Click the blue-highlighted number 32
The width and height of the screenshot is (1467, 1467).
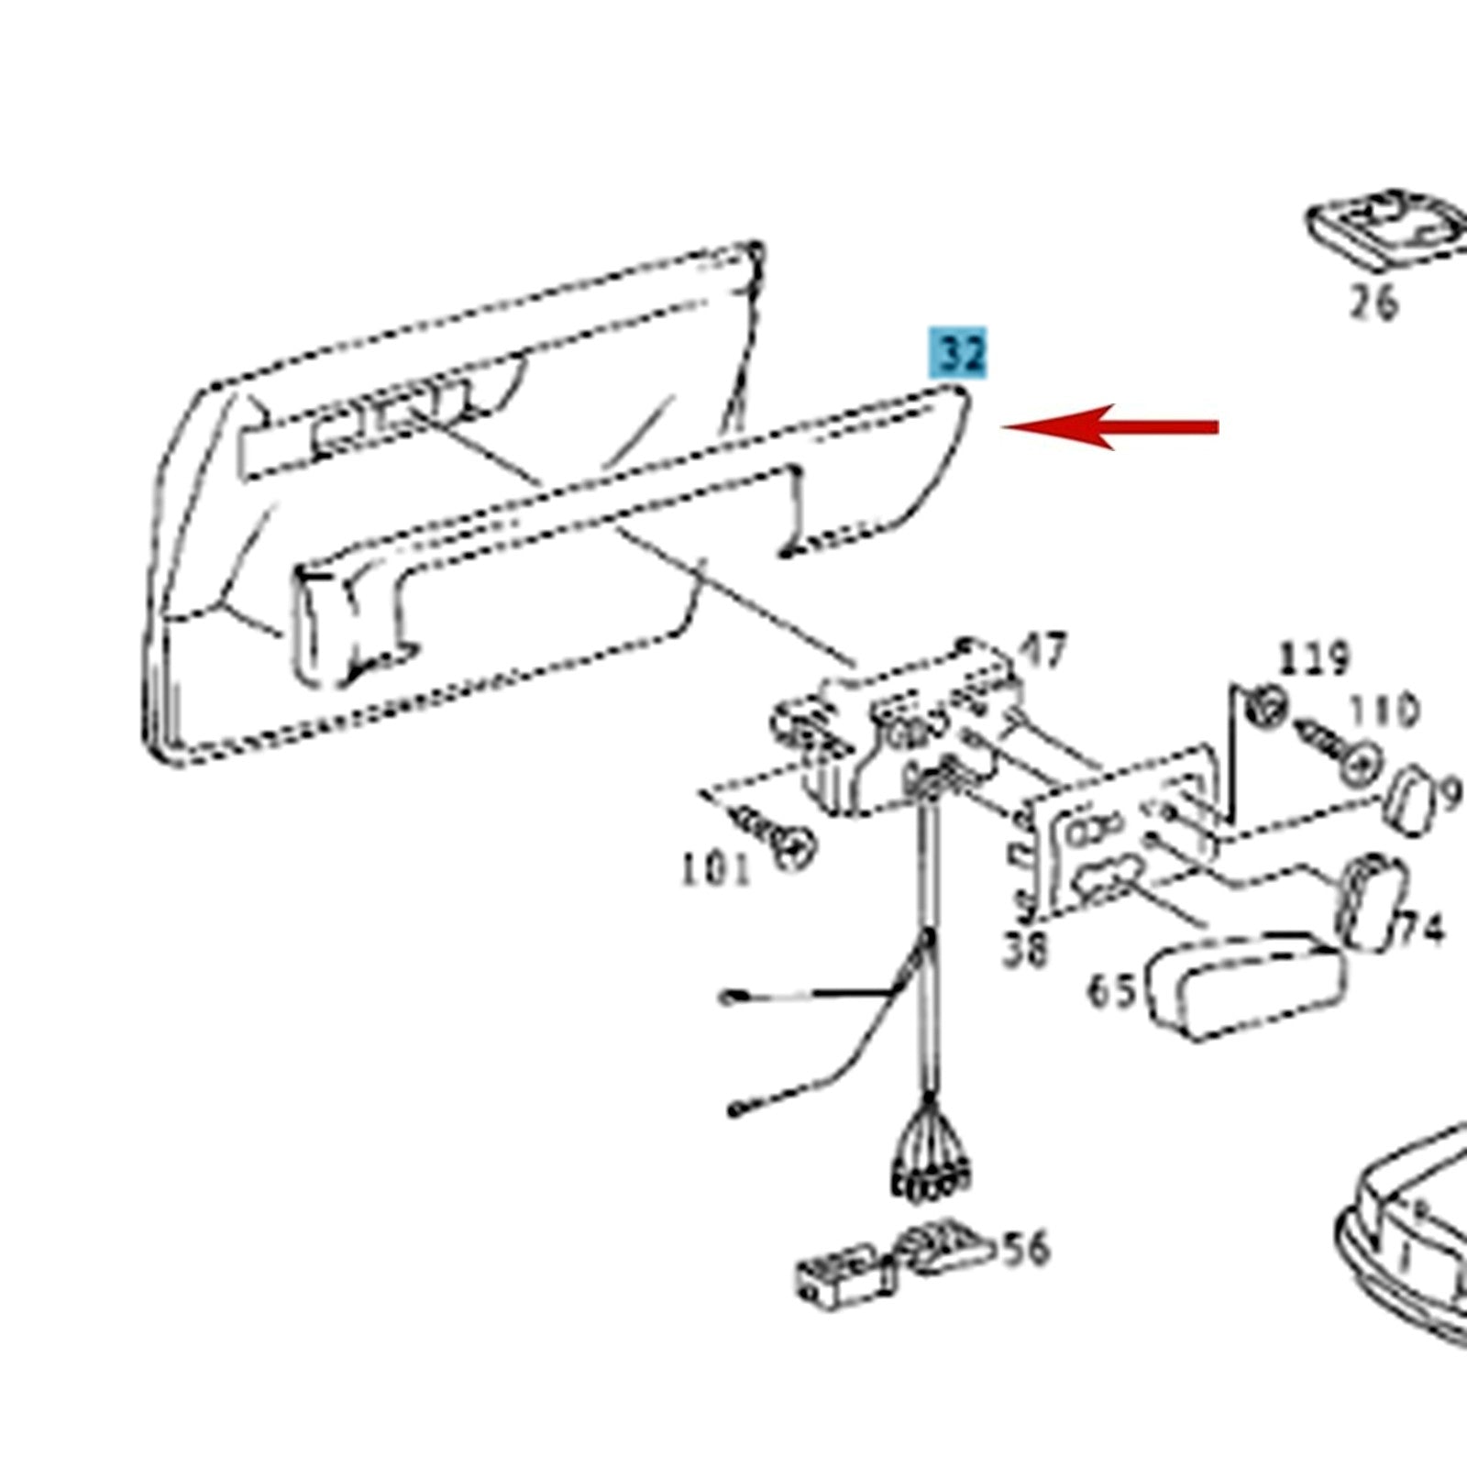point(959,353)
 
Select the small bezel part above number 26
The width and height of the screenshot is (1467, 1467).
point(1384,229)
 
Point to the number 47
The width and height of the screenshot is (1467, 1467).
point(1043,650)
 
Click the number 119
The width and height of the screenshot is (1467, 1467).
point(1315,658)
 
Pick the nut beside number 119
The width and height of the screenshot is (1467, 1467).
point(1267,706)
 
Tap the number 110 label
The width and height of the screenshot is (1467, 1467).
point(1384,711)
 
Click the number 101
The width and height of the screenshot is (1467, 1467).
point(715,867)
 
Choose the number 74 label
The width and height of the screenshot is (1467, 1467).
point(1420,930)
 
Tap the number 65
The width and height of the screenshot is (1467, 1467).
point(1111,991)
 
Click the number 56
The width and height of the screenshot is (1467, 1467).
point(1026,1249)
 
